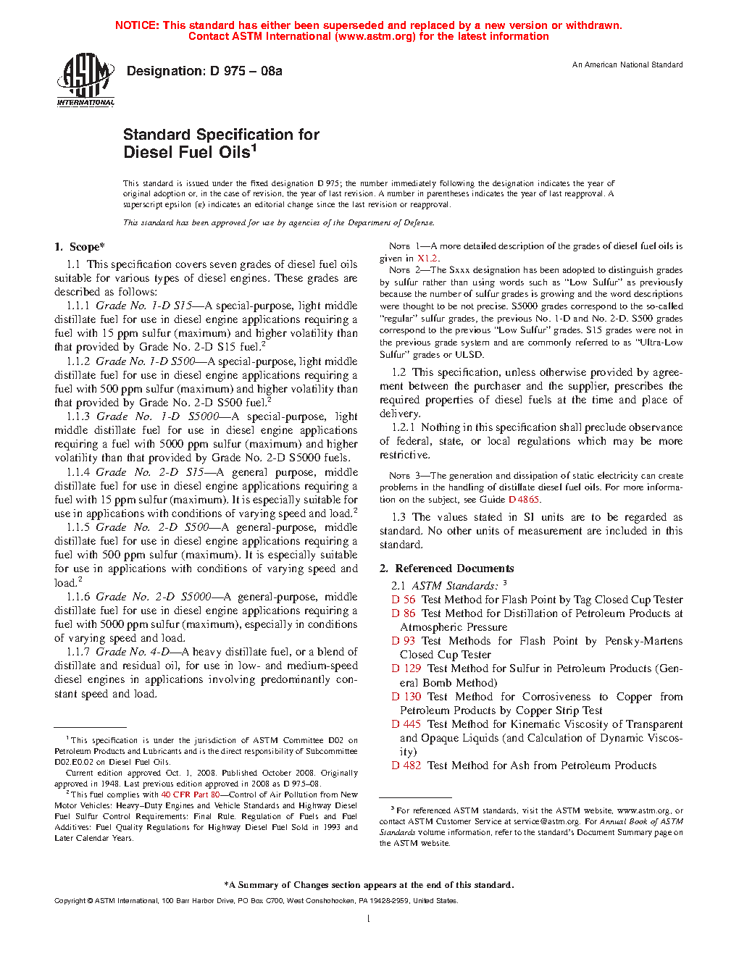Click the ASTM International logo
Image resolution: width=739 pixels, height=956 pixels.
[x=85, y=80]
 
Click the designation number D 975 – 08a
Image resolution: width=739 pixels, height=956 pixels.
[x=204, y=71]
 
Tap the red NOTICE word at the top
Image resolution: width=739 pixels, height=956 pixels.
[x=137, y=25]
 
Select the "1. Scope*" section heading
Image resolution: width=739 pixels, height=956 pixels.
[x=80, y=247]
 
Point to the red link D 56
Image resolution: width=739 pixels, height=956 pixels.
[x=404, y=600]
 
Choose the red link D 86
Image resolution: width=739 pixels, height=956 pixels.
[x=404, y=613]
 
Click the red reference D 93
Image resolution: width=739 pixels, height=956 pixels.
[x=404, y=641]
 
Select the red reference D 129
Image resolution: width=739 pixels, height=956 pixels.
[x=406, y=668]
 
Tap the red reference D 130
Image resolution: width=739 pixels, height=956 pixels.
[x=406, y=697]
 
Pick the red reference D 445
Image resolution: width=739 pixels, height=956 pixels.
[x=406, y=724]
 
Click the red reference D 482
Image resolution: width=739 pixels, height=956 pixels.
[x=406, y=766]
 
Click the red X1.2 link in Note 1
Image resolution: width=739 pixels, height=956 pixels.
[x=427, y=259]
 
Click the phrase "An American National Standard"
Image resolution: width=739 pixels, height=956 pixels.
[x=627, y=65]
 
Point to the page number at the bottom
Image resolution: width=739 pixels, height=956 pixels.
[x=369, y=919]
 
